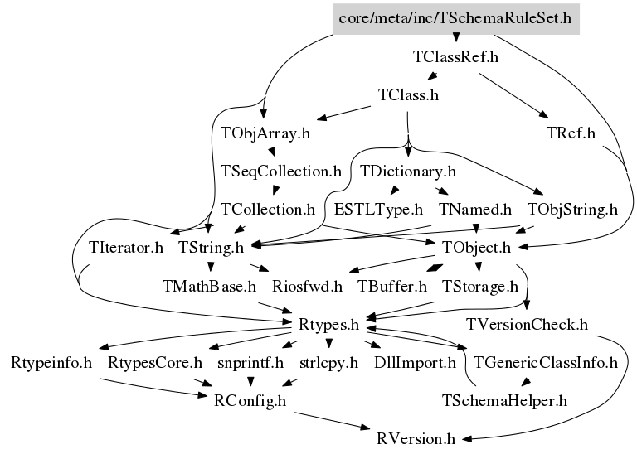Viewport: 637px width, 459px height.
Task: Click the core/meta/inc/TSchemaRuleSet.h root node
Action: pyautogui.click(x=455, y=17)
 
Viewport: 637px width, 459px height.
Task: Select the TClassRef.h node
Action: pyautogui.click(x=455, y=58)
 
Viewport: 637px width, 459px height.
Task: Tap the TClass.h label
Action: pyautogui.click(x=407, y=94)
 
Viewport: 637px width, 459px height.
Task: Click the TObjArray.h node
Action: pyautogui.click(x=265, y=133)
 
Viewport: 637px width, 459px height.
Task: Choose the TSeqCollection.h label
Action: pyautogui.click(x=281, y=172)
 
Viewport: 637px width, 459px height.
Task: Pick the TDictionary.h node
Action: pyautogui.click(x=409, y=172)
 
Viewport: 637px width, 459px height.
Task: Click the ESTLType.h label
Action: pyautogui.click(x=378, y=209)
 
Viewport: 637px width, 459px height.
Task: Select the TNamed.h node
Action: pyautogui.click(x=475, y=209)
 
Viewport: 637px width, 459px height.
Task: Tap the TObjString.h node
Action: pyautogui.click(x=572, y=209)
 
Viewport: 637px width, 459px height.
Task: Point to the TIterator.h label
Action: pyautogui.click(x=125, y=247)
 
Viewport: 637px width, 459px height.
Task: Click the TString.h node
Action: pyautogui.click(x=212, y=247)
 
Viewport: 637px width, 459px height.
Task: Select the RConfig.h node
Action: pyautogui.click(x=250, y=401)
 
